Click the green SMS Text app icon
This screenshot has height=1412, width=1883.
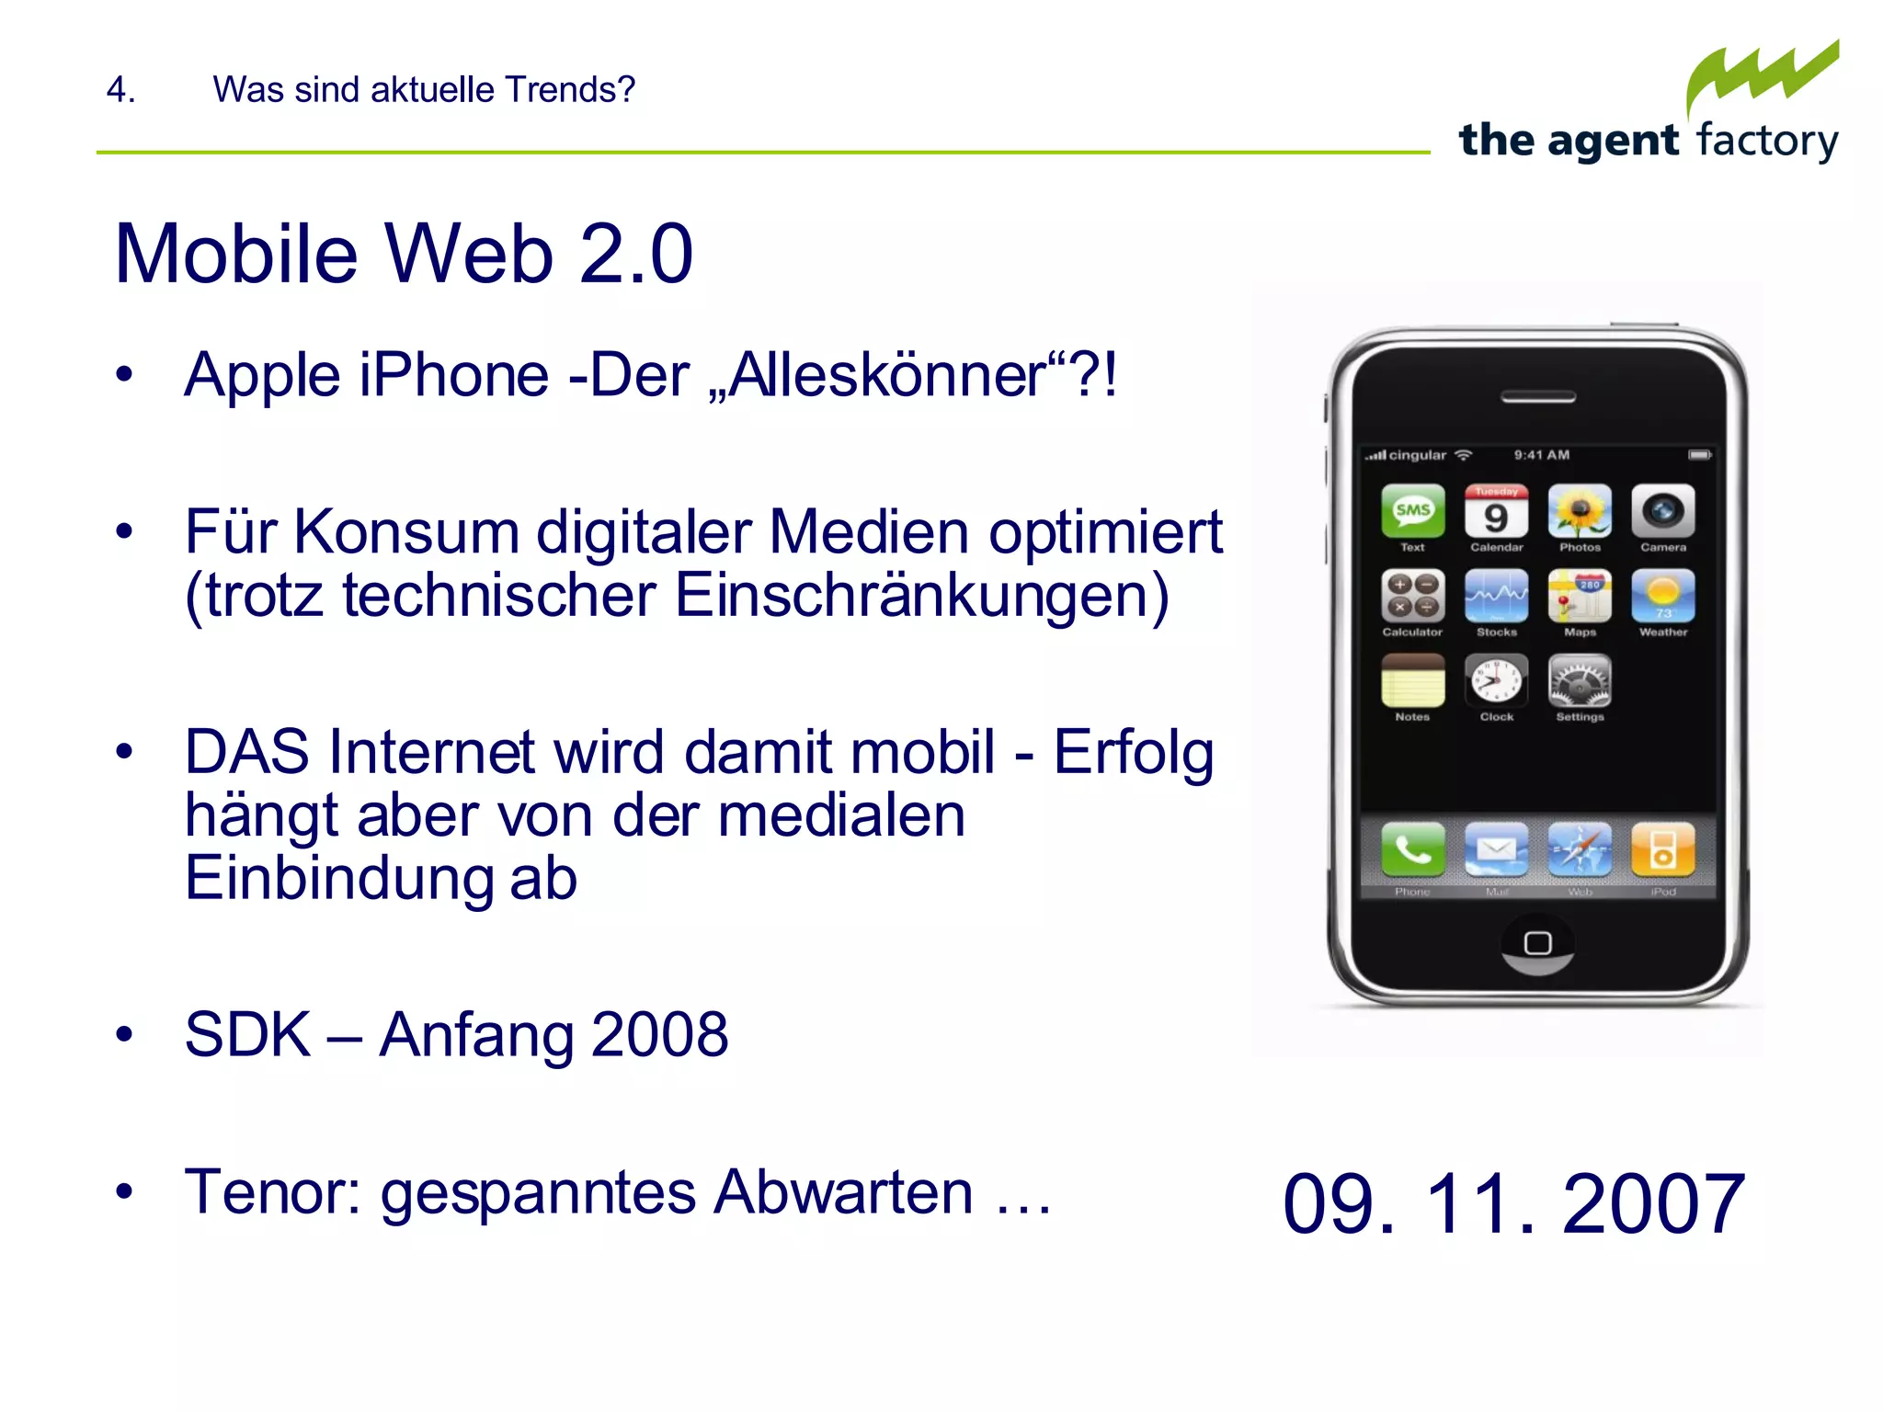[1412, 511]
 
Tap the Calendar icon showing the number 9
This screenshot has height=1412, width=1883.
[1496, 511]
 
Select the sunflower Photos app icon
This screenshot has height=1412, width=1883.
[1580, 511]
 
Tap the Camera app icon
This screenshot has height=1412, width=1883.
[1663, 511]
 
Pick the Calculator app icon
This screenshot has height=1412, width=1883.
[1412, 596]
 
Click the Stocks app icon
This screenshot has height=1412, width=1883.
[1496, 596]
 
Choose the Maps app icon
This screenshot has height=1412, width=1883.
[1580, 596]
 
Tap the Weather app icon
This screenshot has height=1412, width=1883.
[1663, 596]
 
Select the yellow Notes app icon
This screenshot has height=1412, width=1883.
[1412, 680]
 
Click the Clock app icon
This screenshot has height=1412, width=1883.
[1496, 680]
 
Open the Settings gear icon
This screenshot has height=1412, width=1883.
[1580, 680]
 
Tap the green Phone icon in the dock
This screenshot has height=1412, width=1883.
[1412, 849]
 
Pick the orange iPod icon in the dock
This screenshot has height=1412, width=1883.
[1663, 849]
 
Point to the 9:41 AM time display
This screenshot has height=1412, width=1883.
[1542, 455]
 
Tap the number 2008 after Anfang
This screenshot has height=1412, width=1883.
[659, 1035]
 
